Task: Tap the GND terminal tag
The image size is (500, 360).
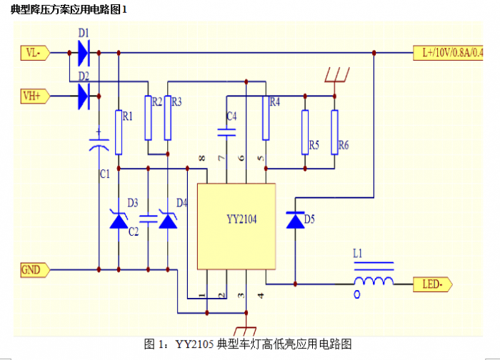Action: pos(33,269)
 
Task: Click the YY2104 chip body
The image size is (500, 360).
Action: pos(236,225)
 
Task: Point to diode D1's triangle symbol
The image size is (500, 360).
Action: pos(82,51)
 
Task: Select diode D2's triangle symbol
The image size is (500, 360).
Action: pos(82,94)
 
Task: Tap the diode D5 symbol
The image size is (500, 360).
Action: pos(294,221)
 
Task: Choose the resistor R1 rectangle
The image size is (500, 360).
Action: pos(119,132)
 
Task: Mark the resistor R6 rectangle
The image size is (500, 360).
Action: pos(334,131)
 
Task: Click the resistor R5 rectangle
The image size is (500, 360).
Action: pos(305,131)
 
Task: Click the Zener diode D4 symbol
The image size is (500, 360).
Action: pos(167,220)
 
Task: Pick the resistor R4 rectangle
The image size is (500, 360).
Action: pos(265,117)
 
